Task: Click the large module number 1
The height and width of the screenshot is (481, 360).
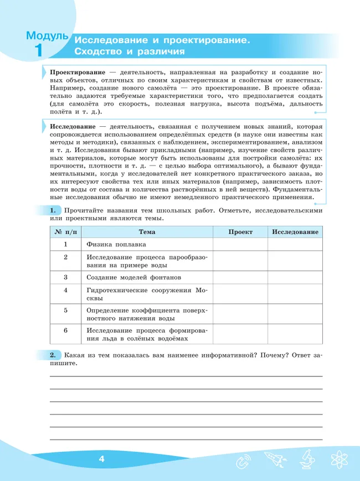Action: (x=38, y=51)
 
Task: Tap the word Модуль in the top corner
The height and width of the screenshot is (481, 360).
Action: (x=47, y=37)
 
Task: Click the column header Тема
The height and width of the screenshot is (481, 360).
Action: (x=147, y=232)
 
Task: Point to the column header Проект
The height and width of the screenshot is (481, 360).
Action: (x=240, y=232)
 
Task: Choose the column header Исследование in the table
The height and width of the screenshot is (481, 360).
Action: (x=295, y=232)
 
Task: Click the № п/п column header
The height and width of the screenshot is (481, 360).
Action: (x=65, y=232)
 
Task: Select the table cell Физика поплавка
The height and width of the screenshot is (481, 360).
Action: (x=116, y=244)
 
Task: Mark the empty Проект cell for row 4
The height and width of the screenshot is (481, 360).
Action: (x=240, y=294)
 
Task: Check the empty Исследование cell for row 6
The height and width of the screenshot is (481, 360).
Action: (x=295, y=334)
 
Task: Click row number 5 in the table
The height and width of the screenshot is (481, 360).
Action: (x=65, y=310)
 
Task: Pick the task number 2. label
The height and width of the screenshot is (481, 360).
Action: (x=53, y=355)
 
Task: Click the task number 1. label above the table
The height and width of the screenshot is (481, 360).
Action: (x=53, y=211)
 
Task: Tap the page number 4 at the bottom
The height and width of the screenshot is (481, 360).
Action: (x=101, y=459)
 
